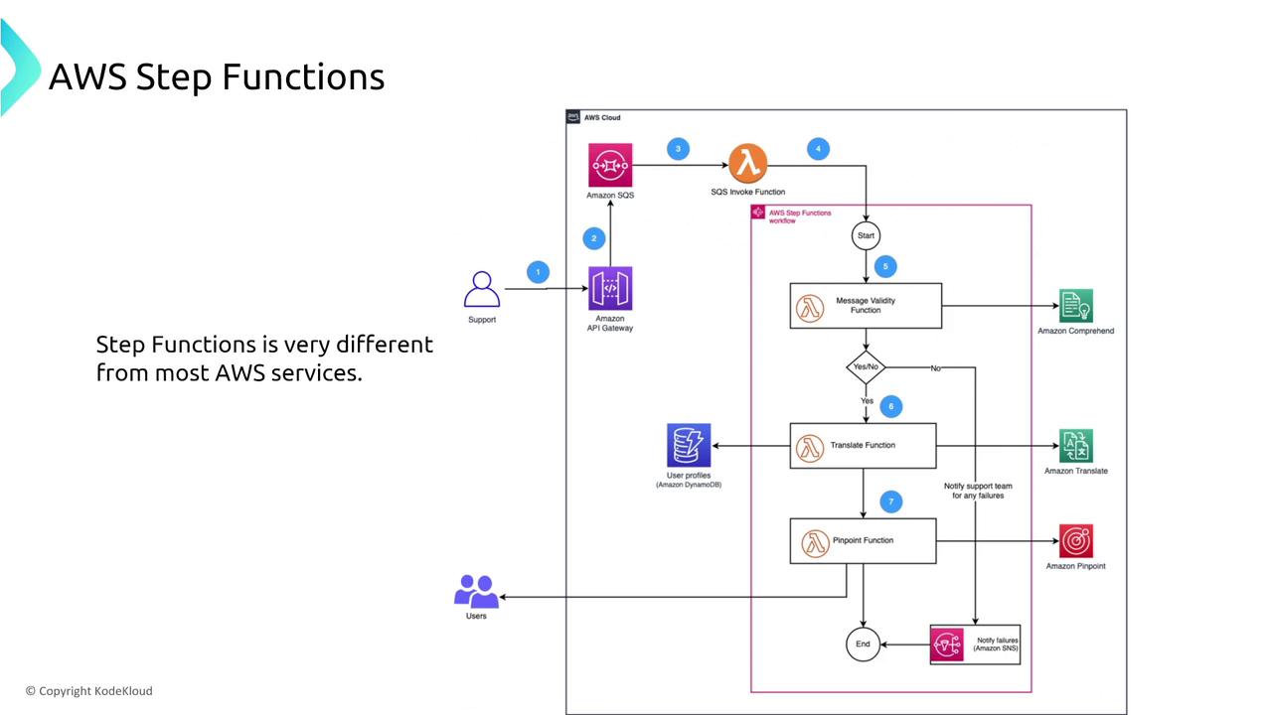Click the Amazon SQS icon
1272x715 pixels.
[x=610, y=165]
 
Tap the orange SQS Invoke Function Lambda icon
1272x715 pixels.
[x=748, y=164]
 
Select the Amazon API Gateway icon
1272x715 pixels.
[x=610, y=289]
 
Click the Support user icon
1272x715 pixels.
[x=482, y=290]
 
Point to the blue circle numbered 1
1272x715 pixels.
[x=538, y=272]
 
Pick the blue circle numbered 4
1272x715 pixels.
[x=818, y=149]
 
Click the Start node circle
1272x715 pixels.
[x=866, y=235]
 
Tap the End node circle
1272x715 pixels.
[x=863, y=643]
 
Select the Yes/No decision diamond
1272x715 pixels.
[x=866, y=367]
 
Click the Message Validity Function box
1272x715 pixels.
[x=866, y=306]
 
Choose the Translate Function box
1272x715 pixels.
[x=863, y=445]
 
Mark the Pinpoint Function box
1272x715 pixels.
[x=863, y=541]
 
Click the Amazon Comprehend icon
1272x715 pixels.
[x=1076, y=306]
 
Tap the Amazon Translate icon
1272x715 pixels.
[x=1076, y=446]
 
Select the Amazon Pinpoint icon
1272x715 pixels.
[x=1076, y=541]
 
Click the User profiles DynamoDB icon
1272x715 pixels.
[x=689, y=445]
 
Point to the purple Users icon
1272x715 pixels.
[x=477, y=592]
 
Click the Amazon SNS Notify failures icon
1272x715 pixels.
[x=947, y=644]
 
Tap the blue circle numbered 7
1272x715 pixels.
[x=890, y=501]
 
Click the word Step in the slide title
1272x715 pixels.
[x=175, y=77]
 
